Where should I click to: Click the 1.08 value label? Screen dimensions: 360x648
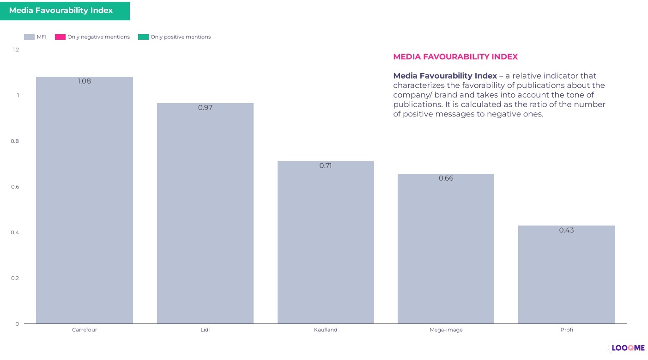point(85,81)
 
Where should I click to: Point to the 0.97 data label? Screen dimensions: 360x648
point(205,108)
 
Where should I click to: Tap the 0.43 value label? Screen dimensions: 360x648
point(566,230)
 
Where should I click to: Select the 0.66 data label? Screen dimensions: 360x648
point(446,178)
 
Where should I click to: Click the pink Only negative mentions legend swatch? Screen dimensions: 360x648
point(60,37)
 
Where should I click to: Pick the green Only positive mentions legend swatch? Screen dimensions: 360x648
point(143,37)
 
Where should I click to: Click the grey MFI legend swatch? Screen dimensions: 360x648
point(29,37)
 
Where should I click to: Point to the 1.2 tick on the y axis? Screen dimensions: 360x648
point(16,49)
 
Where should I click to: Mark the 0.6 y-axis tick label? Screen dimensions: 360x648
point(15,187)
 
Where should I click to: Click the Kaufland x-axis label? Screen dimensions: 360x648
point(326,330)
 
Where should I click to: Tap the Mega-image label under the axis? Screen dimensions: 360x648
point(446,330)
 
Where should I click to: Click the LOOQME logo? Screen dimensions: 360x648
point(628,348)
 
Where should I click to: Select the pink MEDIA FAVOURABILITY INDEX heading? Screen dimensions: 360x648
point(455,57)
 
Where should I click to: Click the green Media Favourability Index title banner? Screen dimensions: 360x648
point(65,11)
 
